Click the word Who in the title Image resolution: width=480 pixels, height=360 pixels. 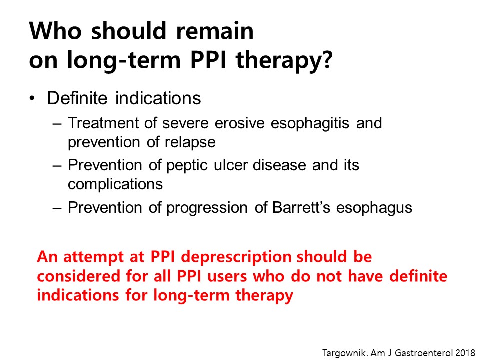click(x=55, y=31)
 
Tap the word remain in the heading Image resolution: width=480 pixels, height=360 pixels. click(x=215, y=31)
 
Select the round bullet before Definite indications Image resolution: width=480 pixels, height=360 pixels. click(x=32, y=98)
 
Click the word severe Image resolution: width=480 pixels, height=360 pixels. click(x=185, y=123)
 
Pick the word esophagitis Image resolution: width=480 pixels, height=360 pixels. click(x=310, y=123)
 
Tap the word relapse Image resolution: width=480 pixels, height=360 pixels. click(x=190, y=142)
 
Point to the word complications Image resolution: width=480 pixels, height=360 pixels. click(x=115, y=184)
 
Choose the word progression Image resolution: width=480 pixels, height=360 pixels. click(x=207, y=208)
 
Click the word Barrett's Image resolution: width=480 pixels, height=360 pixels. click(x=301, y=207)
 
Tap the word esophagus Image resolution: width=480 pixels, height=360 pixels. click(x=374, y=208)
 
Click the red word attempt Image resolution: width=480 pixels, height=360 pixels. click(x=93, y=257)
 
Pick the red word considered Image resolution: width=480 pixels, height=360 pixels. click(x=79, y=276)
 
